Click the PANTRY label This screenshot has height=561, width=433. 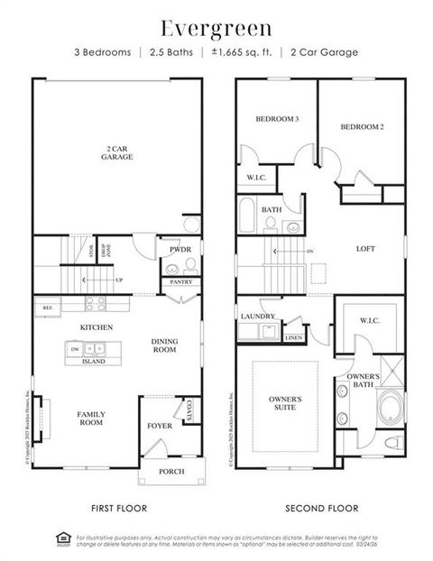coord(180,282)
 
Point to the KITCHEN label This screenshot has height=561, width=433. coord(95,327)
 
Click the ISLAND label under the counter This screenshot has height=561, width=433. coord(94,361)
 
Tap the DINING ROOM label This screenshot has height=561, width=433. coord(163,345)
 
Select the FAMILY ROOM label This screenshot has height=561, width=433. coord(90,418)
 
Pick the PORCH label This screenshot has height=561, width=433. coord(171,471)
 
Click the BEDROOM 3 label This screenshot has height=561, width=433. coord(276,119)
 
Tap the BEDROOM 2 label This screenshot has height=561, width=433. coord(362,127)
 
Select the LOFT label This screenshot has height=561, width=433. coord(365,249)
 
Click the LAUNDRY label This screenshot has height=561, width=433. coord(257,317)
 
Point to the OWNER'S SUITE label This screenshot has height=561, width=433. coord(285,402)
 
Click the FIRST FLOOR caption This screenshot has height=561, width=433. coord(119,508)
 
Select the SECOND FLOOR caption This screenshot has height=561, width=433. coord(321,508)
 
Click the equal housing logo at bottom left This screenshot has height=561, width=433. coord(63,539)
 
